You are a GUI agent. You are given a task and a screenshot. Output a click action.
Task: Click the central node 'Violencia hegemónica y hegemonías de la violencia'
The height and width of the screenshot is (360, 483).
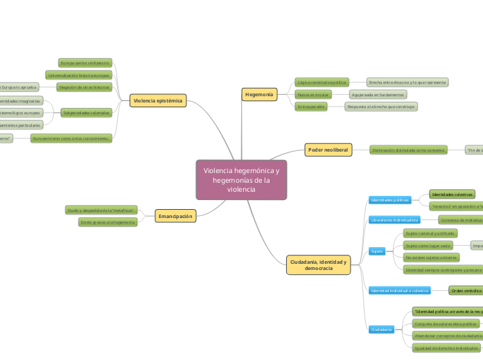point(241,180)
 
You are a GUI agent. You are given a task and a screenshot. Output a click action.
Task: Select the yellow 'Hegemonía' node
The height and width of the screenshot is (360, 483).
point(260,93)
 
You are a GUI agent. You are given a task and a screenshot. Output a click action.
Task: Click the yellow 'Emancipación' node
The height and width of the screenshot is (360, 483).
point(175,216)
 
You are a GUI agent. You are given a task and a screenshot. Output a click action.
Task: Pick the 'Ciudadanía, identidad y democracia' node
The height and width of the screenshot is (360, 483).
point(319,264)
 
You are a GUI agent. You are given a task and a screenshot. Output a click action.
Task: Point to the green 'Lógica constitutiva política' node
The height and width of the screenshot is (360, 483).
point(321,82)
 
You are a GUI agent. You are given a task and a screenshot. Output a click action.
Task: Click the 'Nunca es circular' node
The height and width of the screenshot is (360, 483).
point(313,94)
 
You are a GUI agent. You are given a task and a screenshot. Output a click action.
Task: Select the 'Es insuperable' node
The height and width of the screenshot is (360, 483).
point(311,107)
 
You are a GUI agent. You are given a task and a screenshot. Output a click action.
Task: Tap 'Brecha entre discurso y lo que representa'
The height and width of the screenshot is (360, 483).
point(407,82)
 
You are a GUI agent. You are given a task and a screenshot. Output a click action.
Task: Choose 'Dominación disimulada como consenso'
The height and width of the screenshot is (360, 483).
point(408,150)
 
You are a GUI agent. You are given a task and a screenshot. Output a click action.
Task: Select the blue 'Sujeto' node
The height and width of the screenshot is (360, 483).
point(377,251)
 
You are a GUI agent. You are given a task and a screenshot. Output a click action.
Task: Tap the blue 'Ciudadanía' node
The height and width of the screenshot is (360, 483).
point(382,329)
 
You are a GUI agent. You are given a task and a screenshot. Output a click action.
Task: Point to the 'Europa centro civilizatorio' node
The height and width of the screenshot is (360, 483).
point(85,63)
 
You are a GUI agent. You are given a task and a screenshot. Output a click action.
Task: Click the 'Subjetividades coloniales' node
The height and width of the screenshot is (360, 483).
point(86,113)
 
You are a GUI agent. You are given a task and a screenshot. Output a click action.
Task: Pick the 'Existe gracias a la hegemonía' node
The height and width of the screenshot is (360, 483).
point(107,222)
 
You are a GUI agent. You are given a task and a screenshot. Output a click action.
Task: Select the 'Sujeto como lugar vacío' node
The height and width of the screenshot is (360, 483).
point(428,246)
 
